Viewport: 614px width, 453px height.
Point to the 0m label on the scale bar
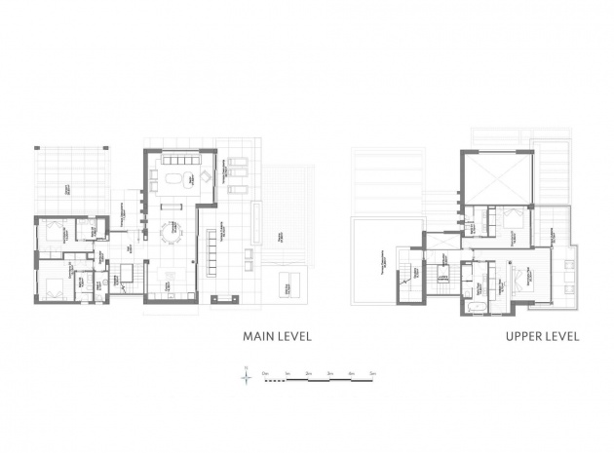pos(264,372)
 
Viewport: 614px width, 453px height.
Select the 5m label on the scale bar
pos(372,372)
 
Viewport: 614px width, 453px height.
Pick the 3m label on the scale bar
pos(329,372)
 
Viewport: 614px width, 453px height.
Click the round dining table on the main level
pos(172,233)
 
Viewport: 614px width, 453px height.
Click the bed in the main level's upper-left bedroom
pos(51,233)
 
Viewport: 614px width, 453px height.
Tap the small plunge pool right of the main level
pos(290,285)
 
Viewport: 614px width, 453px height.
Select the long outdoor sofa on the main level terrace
pos(211,251)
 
